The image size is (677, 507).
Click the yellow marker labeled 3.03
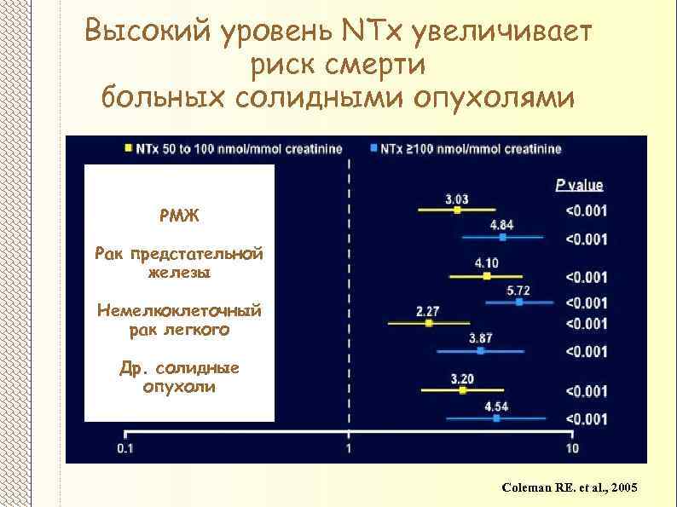coord(457,209)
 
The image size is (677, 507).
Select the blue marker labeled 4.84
coord(501,238)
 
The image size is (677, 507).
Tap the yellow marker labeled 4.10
coord(487,275)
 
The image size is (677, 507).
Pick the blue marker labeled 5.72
coord(519,301)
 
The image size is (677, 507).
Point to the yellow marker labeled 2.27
coord(429,323)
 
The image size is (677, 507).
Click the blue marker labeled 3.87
coord(481,349)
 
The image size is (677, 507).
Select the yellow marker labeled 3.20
coord(463,390)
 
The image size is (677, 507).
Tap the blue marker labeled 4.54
coord(496,418)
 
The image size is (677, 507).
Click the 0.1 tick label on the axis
coord(125,448)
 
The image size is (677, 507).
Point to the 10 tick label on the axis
coord(571,448)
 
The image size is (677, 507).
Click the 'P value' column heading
coord(579,185)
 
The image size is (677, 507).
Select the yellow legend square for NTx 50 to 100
coord(128,148)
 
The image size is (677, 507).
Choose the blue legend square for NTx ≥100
coord(374,148)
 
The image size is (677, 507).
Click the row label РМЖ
coord(179,215)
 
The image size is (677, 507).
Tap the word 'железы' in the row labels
coord(179,273)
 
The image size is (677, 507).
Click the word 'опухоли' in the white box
coord(179,387)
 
